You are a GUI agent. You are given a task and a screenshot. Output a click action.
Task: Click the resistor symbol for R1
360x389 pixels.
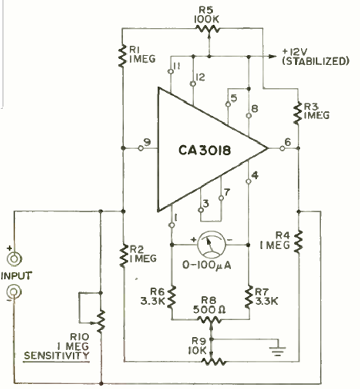(123, 55)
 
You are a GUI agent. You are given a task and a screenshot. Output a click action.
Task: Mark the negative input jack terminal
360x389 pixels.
(14, 292)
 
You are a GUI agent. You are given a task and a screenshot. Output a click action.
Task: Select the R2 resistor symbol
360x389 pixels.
(123, 255)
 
